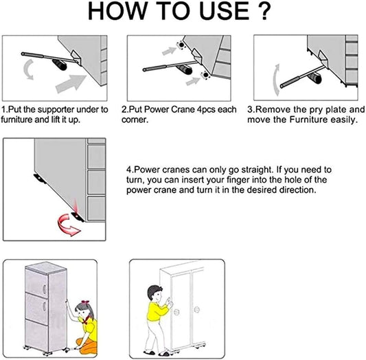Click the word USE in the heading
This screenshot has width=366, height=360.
pyautogui.click(x=225, y=11)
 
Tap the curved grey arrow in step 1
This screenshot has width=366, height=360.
pyautogui.click(x=28, y=69)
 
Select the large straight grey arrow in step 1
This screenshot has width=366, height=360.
pyautogui.click(x=71, y=84)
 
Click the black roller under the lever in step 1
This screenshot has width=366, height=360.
pyautogui.click(x=60, y=65)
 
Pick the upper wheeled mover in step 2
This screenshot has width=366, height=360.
pyautogui.click(x=181, y=45)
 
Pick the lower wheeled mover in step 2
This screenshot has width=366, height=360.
pyautogui.click(x=205, y=75)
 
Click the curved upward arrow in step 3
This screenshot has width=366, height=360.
pyautogui.click(x=276, y=80)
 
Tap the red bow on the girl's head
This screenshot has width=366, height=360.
pyautogui.click(x=85, y=302)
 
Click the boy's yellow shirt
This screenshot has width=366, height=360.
pyautogui.click(x=156, y=311)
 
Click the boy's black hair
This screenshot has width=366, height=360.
pyautogui.click(x=153, y=291)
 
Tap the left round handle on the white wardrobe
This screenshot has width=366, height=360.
pyautogui.click(x=176, y=312)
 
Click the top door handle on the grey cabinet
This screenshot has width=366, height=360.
pyautogui.click(x=45, y=289)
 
